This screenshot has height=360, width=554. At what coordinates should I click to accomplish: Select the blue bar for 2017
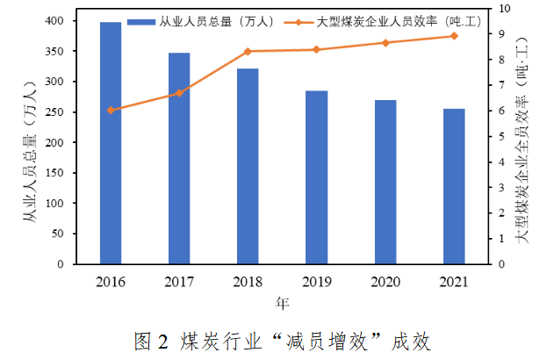(x=179, y=158)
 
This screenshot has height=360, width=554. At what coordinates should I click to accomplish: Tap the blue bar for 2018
(x=248, y=166)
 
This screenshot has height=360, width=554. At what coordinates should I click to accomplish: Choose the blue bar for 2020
(x=385, y=182)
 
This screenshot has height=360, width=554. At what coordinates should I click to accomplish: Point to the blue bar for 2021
(x=454, y=186)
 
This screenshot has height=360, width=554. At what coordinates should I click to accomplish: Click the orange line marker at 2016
(x=111, y=110)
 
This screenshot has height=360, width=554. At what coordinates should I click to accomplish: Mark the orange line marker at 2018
(x=248, y=52)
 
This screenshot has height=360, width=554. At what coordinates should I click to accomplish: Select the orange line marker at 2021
(x=454, y=36)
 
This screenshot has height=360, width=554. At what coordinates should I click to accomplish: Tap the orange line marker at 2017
(x=179, y=92)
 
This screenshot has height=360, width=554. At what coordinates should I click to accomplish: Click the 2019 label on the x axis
(x=316, y=282)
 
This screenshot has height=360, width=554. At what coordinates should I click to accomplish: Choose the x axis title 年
(x=282, y=304)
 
